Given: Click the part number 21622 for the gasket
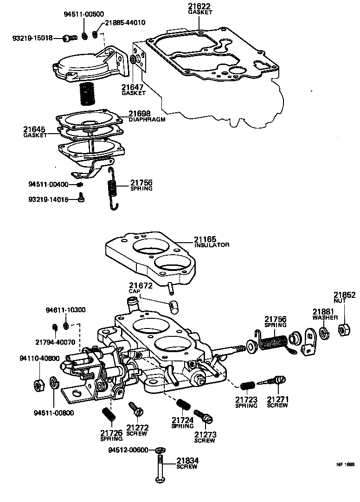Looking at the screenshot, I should [x=200, y=6].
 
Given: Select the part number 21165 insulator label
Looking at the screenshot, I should [x=206, y=239].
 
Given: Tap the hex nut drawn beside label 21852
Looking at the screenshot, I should [x=343, y=330].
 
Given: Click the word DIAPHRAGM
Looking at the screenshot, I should [x=147, y=119].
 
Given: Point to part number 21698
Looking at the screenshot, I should [x=140, y=114].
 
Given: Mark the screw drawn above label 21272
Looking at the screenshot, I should [x=136, y=409].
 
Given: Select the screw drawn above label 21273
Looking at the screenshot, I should [x=203, y=416].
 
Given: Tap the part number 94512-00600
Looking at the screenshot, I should [x=129, y=450].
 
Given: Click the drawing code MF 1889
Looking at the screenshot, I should [x=345, y=463].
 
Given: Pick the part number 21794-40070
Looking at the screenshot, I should [x=56, y=342].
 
